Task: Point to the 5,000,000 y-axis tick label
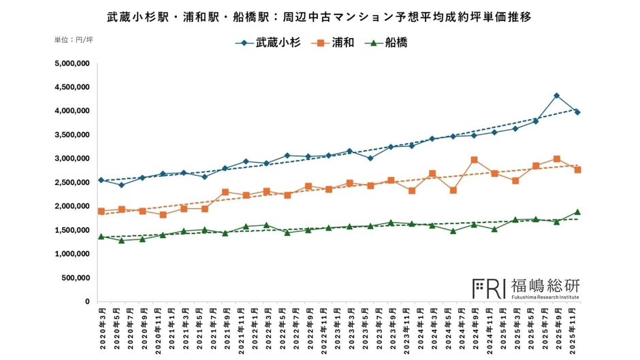coord(71,64)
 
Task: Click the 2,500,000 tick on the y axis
coord(71,182)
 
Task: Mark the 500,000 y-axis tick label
coord(74,278)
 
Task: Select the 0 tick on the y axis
coord(87,301)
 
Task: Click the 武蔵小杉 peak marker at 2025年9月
coord(557,96)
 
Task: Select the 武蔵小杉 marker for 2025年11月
coord(577,112)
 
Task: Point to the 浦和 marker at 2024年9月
coord(474,160)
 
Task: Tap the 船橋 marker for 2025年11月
coord(577,212)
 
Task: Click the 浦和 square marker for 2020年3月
coord(101,211)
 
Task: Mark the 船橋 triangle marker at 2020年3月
coord(101,236)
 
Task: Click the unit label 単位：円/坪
coord(74,40)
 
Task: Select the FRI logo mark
coord(489,289)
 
